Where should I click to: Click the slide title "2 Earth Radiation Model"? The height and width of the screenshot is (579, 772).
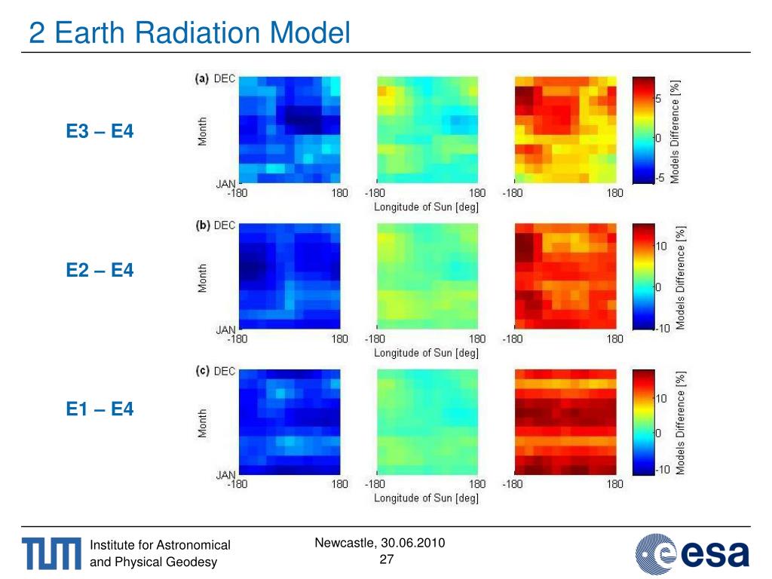point(190,33)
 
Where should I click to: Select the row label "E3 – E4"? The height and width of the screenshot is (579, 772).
point(100,131)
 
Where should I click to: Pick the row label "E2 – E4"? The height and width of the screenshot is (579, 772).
point(100,268)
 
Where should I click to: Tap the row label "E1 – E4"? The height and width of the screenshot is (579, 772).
point(100,409)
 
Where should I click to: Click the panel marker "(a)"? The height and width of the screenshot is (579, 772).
point(202,78)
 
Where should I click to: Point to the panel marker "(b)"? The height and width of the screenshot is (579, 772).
point(202,225)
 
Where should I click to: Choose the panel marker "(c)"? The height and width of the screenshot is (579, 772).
point(202,371)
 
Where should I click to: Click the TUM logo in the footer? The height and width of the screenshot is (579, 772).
point(51,554)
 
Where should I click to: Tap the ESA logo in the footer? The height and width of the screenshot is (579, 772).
point(693,553)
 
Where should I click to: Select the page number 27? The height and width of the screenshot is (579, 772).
point(387,559)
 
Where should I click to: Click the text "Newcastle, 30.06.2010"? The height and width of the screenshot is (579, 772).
point(379,543)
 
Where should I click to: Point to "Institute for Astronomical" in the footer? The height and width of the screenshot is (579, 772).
point(160,545)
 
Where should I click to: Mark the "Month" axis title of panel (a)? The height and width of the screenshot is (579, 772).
point(203,130)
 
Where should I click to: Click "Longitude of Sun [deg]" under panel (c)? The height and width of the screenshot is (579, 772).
point(426,498)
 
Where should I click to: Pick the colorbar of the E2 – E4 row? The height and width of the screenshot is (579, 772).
point(642,276)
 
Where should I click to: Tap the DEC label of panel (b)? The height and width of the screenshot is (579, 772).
point(225,225)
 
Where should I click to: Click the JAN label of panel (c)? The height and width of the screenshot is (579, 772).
point(226,475)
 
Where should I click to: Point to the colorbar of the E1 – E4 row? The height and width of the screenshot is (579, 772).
point(642,422)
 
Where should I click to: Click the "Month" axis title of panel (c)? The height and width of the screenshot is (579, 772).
point(203,423)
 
